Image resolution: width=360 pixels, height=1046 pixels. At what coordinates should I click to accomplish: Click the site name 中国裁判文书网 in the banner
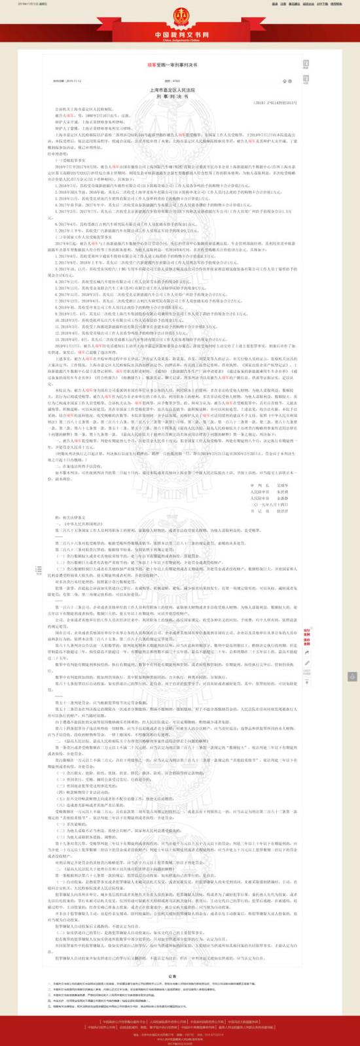coord(179,32)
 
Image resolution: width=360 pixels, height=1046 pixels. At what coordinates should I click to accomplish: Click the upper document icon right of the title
coord(306,63)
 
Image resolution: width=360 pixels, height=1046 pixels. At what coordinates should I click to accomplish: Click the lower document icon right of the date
coord(306,79)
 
